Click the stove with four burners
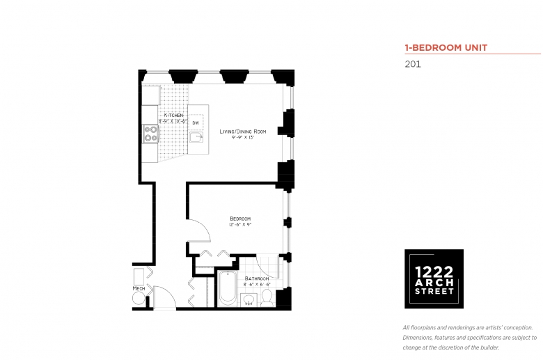[x=150, y=133]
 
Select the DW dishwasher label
[x=196, y=123]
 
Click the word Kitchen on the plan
[x=173, y=115]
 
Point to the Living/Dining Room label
[x=243, y=131]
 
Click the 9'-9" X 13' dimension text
[x=243, y=138]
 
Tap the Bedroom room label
[x=240, y=218]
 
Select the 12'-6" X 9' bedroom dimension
[x=240, y=225]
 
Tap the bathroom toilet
[x=267, y=297]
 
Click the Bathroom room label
[x=257, y=279]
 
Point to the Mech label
[x=139, y=288]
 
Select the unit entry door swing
[x=164, y=298]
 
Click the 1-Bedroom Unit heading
[x=446, y=48]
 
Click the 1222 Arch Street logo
[x=434, y=279]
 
